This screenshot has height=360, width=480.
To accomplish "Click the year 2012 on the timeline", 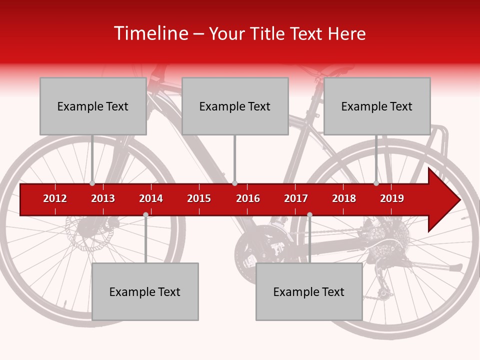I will [55, 198].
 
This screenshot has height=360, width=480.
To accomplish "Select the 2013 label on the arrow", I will [103, 198].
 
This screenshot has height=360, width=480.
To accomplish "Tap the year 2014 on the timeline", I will [151, 198].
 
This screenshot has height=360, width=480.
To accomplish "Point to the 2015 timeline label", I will [199, 198].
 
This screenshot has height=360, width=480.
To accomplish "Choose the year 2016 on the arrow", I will [248, 198].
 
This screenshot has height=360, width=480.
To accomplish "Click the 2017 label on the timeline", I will [296, 198].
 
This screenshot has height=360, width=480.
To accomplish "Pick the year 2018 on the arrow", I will [344, 198].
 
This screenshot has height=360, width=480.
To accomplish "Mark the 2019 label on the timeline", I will [392, 198].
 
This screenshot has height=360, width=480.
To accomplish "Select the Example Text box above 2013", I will [93, 106].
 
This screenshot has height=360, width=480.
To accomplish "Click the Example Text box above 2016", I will [235, 106].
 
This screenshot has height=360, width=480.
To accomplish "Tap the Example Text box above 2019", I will [377, 106].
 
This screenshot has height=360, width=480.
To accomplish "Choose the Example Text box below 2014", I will [145, 291].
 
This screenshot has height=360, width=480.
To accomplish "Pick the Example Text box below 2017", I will [309, 291].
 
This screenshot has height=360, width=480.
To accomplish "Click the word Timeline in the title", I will [150, 33].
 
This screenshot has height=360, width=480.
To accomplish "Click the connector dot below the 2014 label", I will [145, 214].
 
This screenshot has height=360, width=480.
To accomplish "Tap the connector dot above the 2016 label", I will [234, 183].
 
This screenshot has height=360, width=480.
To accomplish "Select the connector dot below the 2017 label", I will [309, 214].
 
